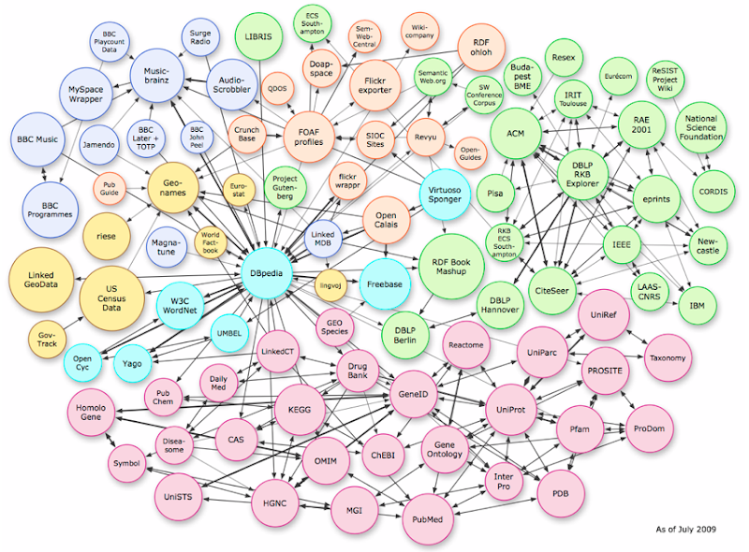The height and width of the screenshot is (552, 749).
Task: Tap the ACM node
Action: (516, 134)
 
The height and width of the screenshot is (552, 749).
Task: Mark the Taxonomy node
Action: (668, 357)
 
